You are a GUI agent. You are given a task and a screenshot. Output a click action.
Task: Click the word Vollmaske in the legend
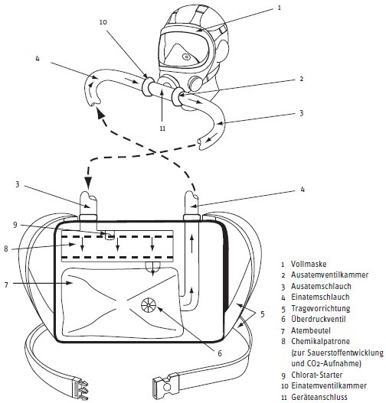pyautogui.click(x=309, y=264)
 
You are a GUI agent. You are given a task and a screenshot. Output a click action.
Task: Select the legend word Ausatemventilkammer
pyautogui.click(x=329, y=275)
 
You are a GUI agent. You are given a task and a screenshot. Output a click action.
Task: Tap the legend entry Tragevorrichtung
pyautogui.click(x=320, y=308)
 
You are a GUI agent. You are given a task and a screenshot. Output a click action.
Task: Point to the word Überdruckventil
pyautogui.click(x=319, y=319)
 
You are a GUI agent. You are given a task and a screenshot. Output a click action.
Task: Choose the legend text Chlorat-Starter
pyautogui.click(x=316, y=375)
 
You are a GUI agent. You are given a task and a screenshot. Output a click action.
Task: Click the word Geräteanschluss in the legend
pyautogui.click(x=319, y=397)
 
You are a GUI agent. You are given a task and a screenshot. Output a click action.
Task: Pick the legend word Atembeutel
pyautogui.click(x=311, y=330)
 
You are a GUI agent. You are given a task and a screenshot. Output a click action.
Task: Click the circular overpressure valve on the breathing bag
pyautogui.click(x=149, y=305)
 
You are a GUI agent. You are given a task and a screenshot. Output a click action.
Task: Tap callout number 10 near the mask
pyautogui.click(x=103, y=22)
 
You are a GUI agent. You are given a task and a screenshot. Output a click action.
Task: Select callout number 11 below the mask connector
pyautogui.click(x=162, y=128)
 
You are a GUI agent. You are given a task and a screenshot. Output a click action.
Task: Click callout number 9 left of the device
pyautogui.click(x=15, y=225)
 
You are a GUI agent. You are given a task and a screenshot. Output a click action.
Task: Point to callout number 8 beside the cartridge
pyautogui.click(x=6, y=249)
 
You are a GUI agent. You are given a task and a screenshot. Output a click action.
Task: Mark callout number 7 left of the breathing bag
pyautogui.click(x=6, y=284)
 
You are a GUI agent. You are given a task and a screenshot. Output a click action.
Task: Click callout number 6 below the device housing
pyautogui.click(x=220, y=353)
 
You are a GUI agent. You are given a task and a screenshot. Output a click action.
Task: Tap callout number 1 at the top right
pyautogui.click(x=280, y=8)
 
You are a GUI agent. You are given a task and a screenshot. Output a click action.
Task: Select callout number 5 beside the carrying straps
pyautogui.click(x=263, y=314)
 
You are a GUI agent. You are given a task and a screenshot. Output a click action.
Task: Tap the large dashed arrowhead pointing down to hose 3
pyautogui.click(x=88, y=183)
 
